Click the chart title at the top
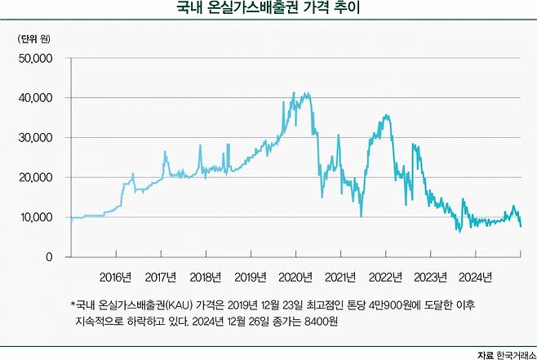pyautogui.click(x=268, y=10)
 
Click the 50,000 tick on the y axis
pyautogui.click(x=36, y=59)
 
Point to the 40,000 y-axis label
pyautogui.click(x=36, y=98)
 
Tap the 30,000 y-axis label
pyautogui.click(x=36, y=138)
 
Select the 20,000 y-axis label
pyautogui.click(x=36, y=178)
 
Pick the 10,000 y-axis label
pyautogui.click(x=36, y=217)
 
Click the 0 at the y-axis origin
pyautogui.click(x=48, y=257)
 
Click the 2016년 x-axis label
pyautogui.click(x=114, y=277)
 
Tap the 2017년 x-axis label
pyautogui.click(x=159, y=277)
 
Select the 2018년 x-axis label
pyautogui.click(x=204, y=277)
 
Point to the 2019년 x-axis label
pyautogui.click(x=249, y=277)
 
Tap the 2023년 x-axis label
pyautogui.click(x=429, y=277)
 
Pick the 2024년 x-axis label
pyautogui.click(x=474, y=277)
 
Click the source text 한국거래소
pyautogui.click(x=513, y=353)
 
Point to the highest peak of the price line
pyautogui.click(x=305, y=93)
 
